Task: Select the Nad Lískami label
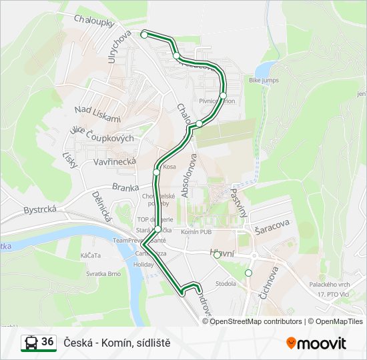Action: pyautogui.click(x=98, y=114)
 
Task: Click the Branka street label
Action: pyautogui.click(x=125, y=187)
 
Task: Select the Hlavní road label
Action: pyautogui.click(x=224, y=253)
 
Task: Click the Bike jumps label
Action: pyautogui.click(x=263, y=80)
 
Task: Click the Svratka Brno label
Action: pyautogui.click(x=103, y=273)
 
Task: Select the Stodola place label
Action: pyautogui.click(x=226, y=283)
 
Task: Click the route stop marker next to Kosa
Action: pyautogui.click(x=156, y=172)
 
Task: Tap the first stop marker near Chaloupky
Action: pyautogui.click(x=144, y=34)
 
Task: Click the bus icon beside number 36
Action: pyautogui.click(x=30, y=343)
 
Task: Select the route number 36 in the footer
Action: pyautogui.click(x=47, y=342)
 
